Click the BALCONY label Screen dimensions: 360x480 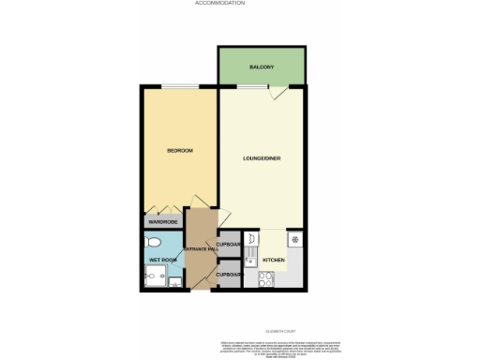pos(262,68)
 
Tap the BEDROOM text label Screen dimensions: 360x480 pos(179,150)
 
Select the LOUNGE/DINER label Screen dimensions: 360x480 pos(262,157)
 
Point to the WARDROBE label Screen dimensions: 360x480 pos(163,222)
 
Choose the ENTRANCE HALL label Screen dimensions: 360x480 pos(200,248)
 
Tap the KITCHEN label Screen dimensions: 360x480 pos(273,259)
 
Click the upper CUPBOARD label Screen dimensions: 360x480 pos(230,244)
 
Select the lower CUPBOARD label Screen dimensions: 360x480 pos(230,274)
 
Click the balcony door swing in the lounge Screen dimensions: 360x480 pos(276,93)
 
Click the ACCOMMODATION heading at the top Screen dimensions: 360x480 pos(219,4)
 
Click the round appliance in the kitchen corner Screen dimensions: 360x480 pos(294,238)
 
